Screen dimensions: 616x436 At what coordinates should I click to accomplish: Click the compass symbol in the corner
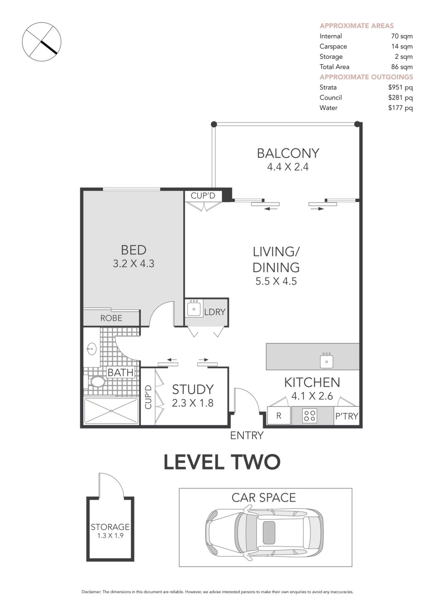(42, 42)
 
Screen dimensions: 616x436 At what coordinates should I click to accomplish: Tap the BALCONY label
(288, 153)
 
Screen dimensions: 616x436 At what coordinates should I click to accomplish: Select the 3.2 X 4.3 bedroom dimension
(133, 264)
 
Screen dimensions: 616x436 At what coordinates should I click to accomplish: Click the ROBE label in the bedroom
(111, 318)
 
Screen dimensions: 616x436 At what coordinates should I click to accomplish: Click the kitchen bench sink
(326, 361)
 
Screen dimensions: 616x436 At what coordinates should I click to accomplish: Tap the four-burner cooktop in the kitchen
(310, 416)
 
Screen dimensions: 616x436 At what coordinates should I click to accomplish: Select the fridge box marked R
(279, 416)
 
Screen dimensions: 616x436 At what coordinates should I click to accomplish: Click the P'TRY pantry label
(347, 416)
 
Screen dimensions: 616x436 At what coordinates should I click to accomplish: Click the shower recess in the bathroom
(111, 411)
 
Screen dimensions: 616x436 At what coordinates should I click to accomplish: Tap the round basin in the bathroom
(92, 349)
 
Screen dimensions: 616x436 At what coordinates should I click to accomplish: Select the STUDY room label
(193, 390)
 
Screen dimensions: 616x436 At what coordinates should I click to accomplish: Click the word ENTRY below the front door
(247, 436)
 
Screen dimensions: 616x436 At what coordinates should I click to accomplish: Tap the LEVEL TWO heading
(222, 462)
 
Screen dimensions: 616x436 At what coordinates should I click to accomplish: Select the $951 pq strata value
(400, 88)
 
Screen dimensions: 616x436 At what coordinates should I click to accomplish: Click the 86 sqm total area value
(402, 67)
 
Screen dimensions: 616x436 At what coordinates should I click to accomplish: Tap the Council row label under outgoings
(330, 97)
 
